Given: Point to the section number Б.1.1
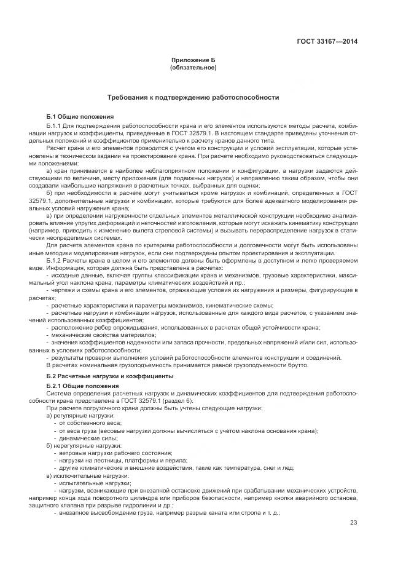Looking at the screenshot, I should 57,125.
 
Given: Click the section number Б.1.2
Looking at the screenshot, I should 57,261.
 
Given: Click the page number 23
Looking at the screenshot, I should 353,523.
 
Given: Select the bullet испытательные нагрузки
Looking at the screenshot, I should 90,483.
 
